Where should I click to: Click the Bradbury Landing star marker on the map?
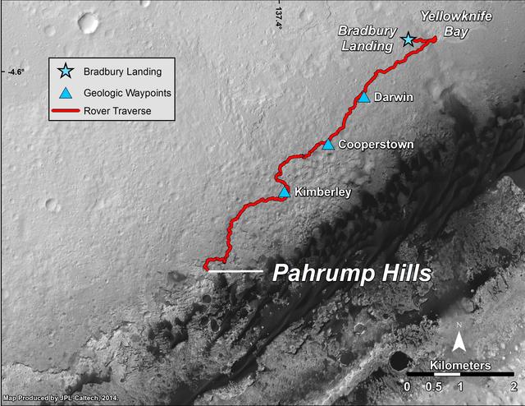pos(408,39)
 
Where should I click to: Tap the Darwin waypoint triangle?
pos(364,98)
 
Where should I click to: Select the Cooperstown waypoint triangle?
pos(328,145)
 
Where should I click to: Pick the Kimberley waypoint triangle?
pos(284,192)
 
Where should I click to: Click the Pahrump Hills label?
pos(352,273)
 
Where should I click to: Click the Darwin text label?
pos(392,97)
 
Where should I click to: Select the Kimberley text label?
pos(323,192)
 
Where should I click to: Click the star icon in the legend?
pos(66,72)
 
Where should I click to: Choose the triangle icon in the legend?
pos(66,92)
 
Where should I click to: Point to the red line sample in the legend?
pos(66,111)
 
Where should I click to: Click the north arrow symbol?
pos(461,339)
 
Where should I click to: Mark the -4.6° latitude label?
pos(16,72)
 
